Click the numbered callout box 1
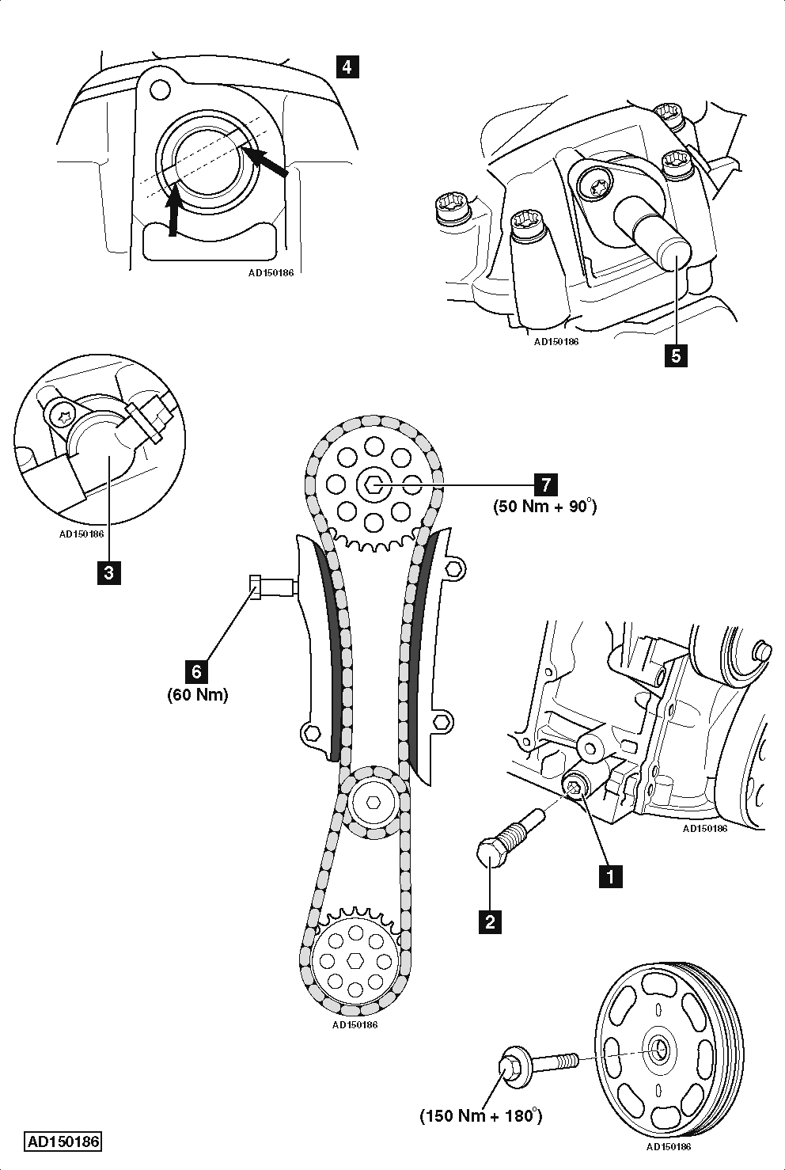coord(609,876)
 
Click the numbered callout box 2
coord(491,921)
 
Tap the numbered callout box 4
coord(346,66)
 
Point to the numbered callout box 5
coord(675,355)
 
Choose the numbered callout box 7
coord(544,483)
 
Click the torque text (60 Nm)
coord(197,695)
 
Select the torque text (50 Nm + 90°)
coord(544,506)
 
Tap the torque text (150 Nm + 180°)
coord(480,1115)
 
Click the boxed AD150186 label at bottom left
coord(63,1142)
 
